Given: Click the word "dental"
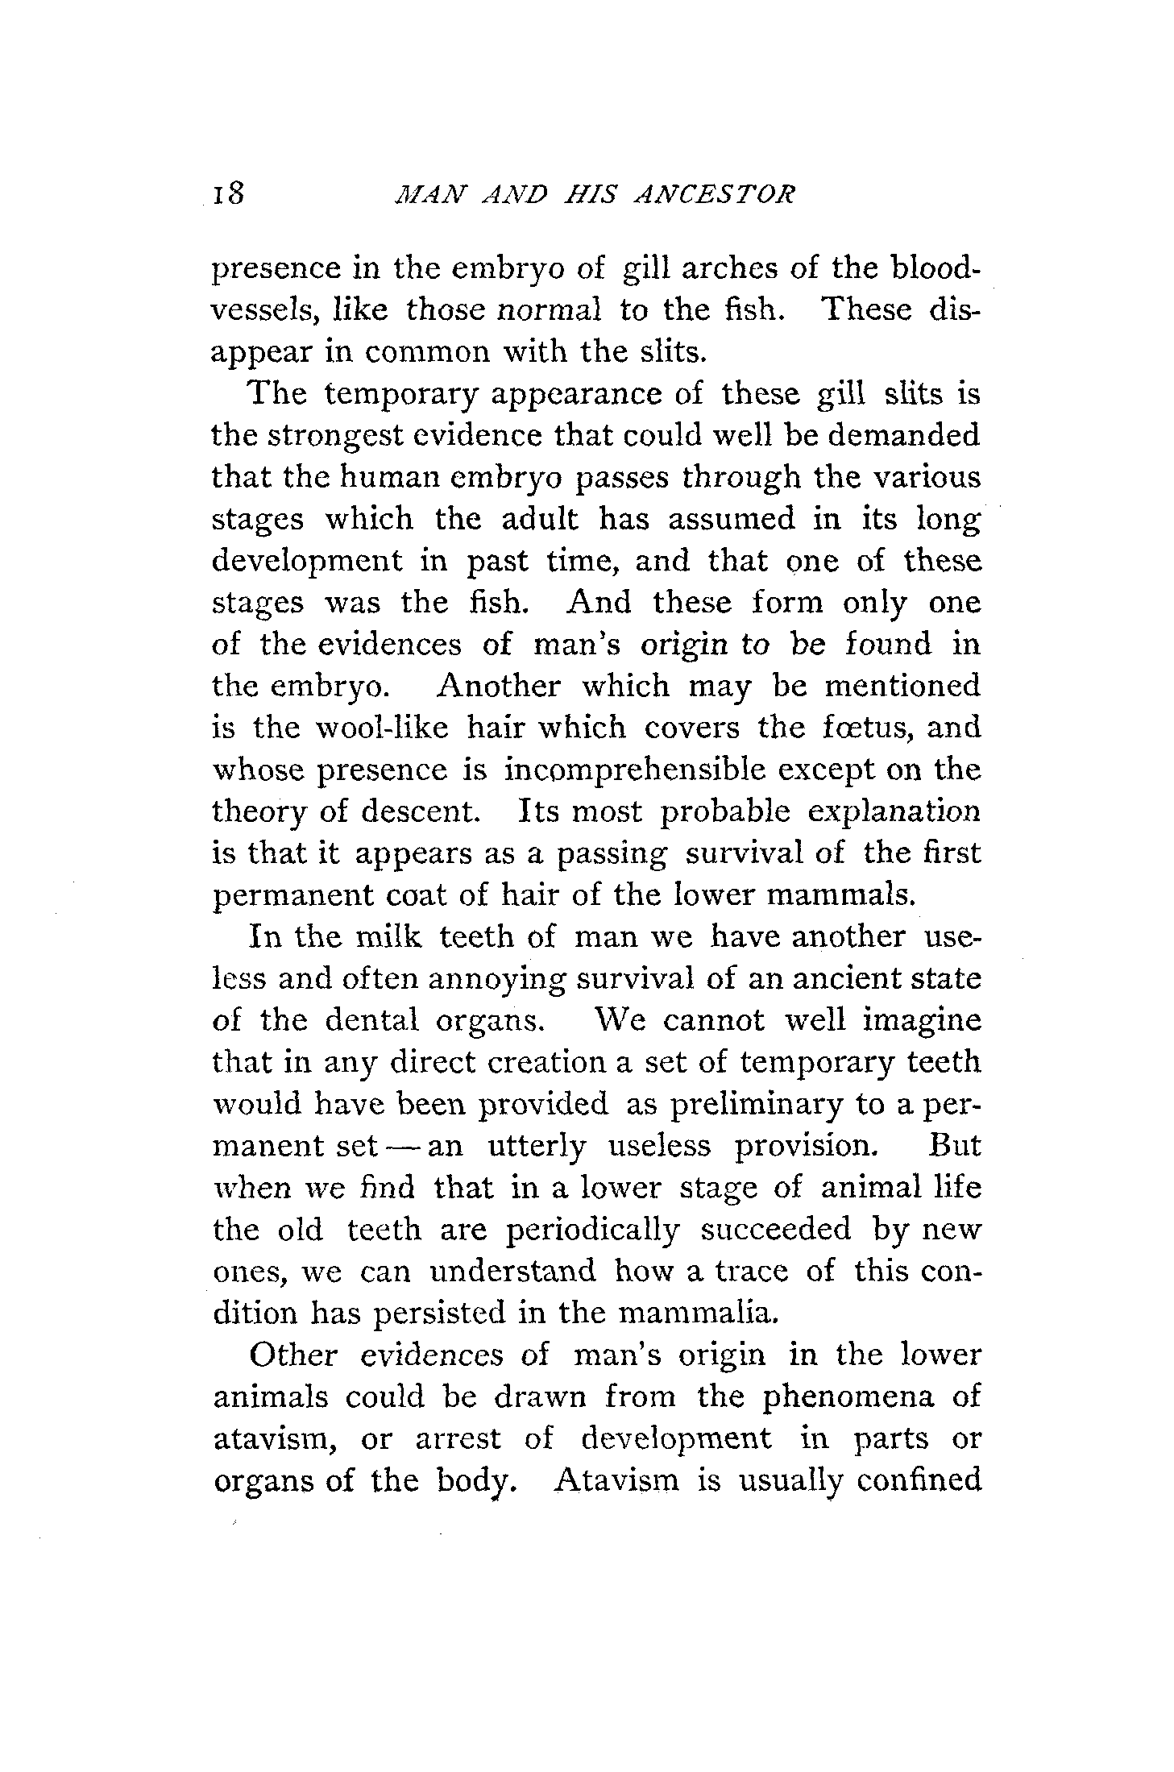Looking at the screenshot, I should pyautogui.click(x=371, y=1021).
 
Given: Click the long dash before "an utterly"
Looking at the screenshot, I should pyautogui.click(x=399, y=1147).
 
